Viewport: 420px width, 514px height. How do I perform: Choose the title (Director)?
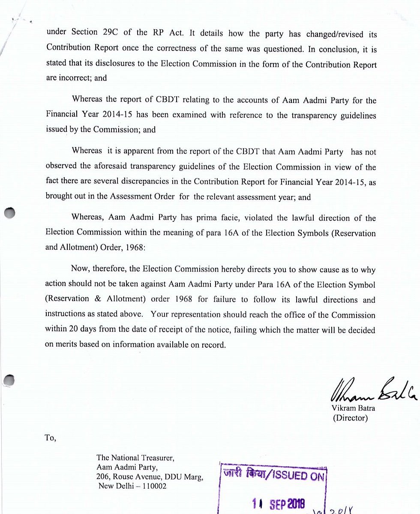click(350, 418)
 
